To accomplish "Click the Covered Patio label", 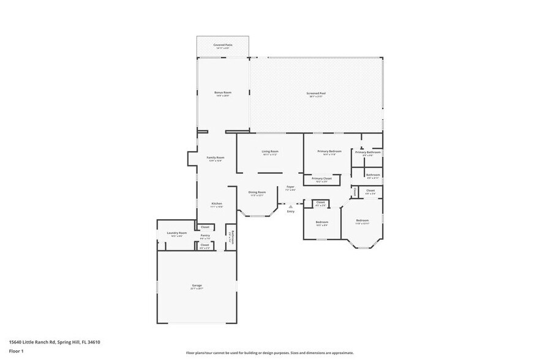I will (222, 45).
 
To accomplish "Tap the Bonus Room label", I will (222, 92).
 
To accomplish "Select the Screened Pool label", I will (317, 93).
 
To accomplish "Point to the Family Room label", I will (216, 157).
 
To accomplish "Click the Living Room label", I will (270, 151).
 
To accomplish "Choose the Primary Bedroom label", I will (329, 151).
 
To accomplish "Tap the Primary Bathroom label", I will (368, 152).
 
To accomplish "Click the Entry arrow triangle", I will (291, 206).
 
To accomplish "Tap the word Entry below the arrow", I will (291, 211).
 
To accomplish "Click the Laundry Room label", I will (176, 233).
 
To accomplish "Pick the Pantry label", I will (205, 236).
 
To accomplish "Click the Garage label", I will (197, 285).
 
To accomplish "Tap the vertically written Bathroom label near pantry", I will (232, 237).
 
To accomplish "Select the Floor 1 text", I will (16, 351).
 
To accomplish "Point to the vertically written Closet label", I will (355, 192).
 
